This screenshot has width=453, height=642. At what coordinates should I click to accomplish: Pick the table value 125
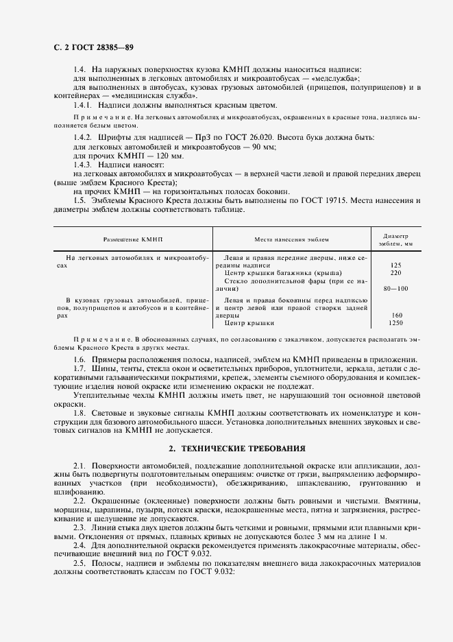(395, 265)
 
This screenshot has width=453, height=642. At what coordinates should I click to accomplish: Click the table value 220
(395, 272)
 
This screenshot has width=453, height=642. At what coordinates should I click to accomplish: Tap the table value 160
(395, 316)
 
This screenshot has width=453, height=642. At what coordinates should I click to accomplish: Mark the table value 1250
(395, 322)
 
